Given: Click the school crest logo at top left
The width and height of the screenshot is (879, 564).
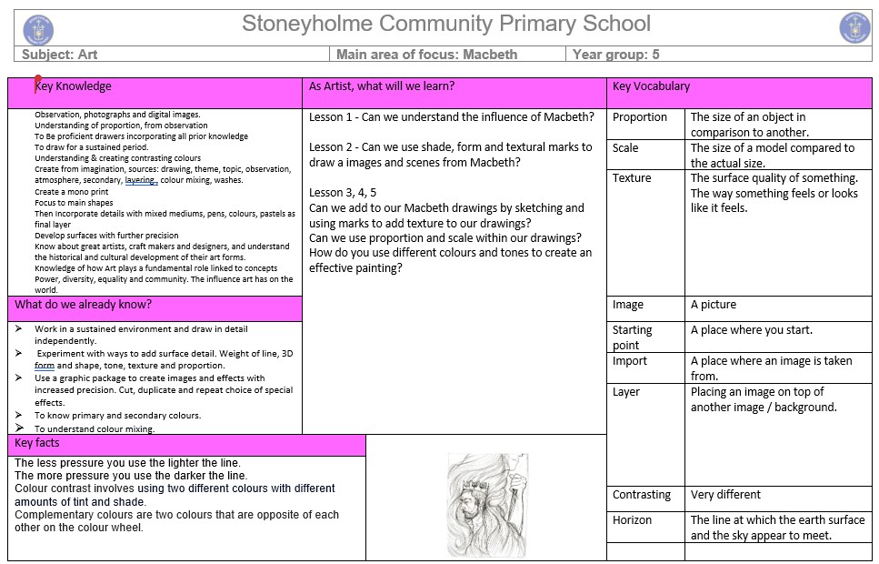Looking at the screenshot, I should click(38, 29).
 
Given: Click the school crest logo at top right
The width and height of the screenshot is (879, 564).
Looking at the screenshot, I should click(854, 28).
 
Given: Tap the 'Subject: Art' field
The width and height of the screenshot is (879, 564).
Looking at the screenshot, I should click(60, 55).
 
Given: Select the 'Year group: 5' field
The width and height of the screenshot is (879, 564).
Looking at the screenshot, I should click(615, 55).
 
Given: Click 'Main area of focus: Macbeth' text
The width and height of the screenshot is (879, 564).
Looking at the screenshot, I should click(426, 55).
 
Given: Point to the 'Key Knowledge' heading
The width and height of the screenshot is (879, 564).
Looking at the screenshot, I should click(74, 86).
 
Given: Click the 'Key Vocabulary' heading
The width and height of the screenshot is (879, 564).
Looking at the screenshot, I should click(651, 86).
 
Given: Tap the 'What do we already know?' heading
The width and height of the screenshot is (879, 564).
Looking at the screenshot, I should click(84, 305).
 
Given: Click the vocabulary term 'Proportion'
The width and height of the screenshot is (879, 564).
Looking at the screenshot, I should click(640, 117).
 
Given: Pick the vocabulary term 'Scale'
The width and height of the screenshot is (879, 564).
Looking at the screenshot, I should click(625, 147).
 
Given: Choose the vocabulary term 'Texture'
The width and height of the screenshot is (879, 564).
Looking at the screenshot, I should click(632, 178).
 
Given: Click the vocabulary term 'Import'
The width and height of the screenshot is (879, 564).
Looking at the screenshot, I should click(630, 361).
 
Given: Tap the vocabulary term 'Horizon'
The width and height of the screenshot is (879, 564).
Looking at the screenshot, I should click(632, 520).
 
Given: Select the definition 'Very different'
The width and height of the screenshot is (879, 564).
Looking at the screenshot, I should click(725, 495).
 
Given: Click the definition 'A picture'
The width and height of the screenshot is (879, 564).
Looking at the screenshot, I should click(714, 305).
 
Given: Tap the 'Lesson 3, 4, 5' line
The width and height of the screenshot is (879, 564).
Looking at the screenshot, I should click(343, 193).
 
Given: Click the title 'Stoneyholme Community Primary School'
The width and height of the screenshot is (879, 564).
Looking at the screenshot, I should click(445, 24).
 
